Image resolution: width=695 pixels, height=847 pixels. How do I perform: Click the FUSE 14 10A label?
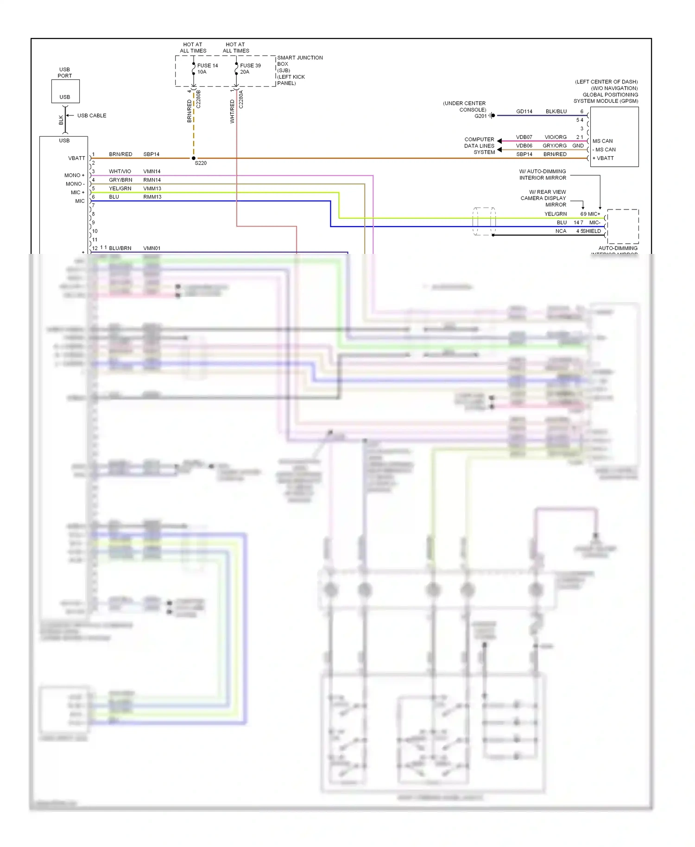click(207, 69)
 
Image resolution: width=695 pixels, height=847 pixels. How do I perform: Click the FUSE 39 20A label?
click(250, 69)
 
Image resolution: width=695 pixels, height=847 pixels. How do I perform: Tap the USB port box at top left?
click(65, 91)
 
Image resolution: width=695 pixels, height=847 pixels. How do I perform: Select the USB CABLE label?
click(92, 115)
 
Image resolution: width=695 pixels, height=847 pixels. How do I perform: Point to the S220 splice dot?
click(194, 158)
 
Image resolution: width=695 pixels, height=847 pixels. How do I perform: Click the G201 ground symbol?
click(493, 115)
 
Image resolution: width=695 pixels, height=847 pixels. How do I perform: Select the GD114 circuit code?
click(524, 112)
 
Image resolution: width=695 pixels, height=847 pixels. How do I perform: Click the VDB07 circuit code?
click(524, 137)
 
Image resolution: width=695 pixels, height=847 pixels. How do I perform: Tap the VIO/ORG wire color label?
click(555, 137)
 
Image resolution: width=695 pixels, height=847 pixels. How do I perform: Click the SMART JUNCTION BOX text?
click(299, 61)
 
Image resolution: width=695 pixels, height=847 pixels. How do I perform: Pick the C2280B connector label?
click(198, 99)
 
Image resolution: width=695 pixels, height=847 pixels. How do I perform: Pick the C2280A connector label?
click(241, 99)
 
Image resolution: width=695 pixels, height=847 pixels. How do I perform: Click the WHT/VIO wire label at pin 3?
click(120, 171)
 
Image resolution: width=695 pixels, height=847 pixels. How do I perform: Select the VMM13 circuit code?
click(152, 189)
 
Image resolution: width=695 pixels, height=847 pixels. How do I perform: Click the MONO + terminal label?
click(74, 175)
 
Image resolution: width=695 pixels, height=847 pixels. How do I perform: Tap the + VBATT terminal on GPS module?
click(603, 158)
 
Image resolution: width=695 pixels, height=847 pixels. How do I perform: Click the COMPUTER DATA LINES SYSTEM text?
click(479, 145)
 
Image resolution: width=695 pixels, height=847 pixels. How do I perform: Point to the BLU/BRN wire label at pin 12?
click(120, 248)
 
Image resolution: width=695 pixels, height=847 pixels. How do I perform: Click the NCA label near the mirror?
click(561, 231)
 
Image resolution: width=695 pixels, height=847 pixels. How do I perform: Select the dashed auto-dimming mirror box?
click(623, 226)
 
